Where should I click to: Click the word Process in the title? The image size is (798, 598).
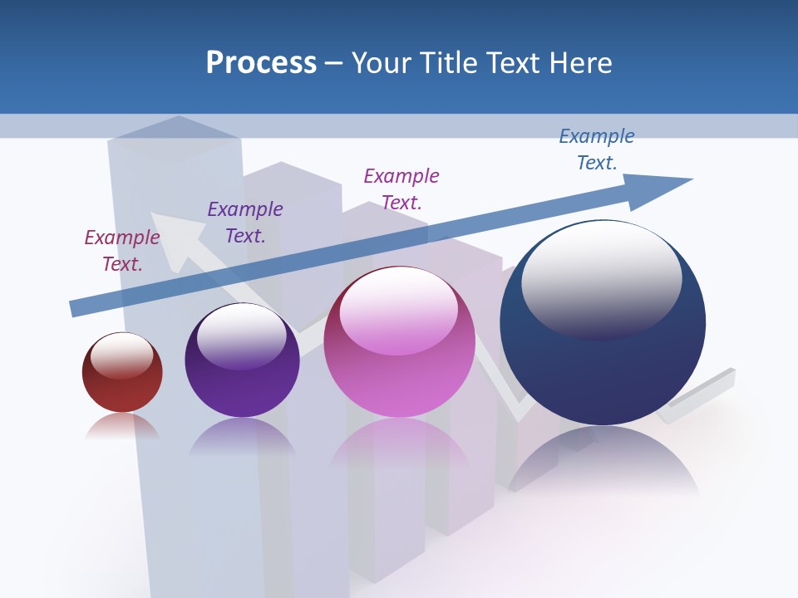(x=261, y=63)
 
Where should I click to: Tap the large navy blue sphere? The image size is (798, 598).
(x=603, y=365)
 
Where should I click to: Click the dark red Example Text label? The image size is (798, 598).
(x=122, y=251)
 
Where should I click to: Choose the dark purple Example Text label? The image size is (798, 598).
(x=245, y=223)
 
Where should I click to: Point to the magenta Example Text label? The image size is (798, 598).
(x=401, y=189)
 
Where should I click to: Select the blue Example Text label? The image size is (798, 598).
(x=597, y=149)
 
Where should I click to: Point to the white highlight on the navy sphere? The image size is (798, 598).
(x=601, y=278)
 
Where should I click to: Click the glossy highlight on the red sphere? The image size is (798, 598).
(x=122, y=355)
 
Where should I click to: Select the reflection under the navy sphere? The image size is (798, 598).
(x=603, y=465)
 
